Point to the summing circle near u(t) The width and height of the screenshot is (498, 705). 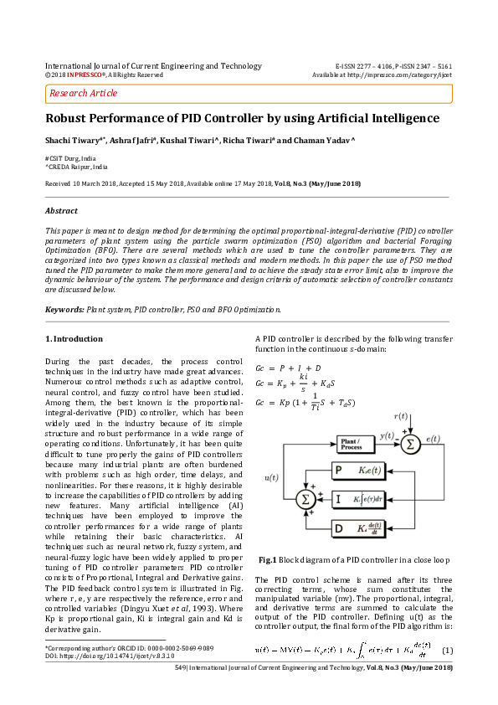pyautogui.click(x=305, y=500)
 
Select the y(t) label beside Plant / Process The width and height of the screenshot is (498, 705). pyautogui.click(x=387, y=435)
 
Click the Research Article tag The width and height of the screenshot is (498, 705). pyautogui.click(x=84, y=93)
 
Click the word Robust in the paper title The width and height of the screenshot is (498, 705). pyautogui.click(x=67, y=119)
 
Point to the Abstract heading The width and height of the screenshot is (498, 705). pyautogui.click(x=63, y=210)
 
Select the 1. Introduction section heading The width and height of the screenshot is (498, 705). pyautogui.click(x=74, y=338)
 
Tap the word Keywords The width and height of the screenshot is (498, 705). pyautogui.click(x=64, y=310)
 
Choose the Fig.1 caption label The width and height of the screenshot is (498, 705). pyautogui.click(x=268, y=558)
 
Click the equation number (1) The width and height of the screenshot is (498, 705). pyautogui.click(x=447, y=651)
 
